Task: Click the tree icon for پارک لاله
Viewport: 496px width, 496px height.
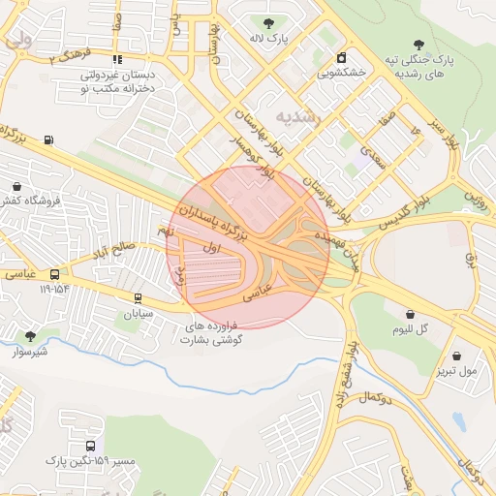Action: (267, 21)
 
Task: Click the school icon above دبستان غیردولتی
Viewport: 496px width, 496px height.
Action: (117, 59)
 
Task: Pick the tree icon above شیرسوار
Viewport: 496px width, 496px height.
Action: (30, 336)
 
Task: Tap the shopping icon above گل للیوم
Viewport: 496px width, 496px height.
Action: (412, 314)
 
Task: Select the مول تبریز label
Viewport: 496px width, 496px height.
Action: (454, 370)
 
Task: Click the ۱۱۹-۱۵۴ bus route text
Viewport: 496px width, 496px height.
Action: (54, 288)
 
